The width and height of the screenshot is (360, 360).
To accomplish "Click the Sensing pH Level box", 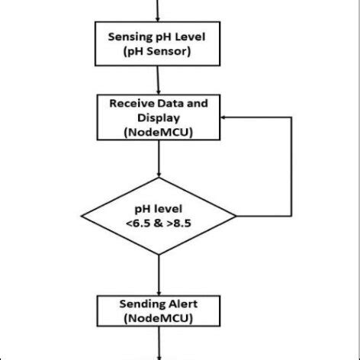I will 158,43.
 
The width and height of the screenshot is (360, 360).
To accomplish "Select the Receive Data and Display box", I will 158,117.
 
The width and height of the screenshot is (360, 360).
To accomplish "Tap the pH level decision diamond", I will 158,213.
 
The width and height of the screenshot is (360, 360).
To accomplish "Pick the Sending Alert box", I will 158,311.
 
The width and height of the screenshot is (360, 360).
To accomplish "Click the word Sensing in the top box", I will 130,37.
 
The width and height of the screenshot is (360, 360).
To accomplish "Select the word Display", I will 158,117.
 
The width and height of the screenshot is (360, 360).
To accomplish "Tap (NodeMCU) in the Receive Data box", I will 158,132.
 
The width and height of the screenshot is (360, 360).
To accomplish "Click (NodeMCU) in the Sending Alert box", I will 158,319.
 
